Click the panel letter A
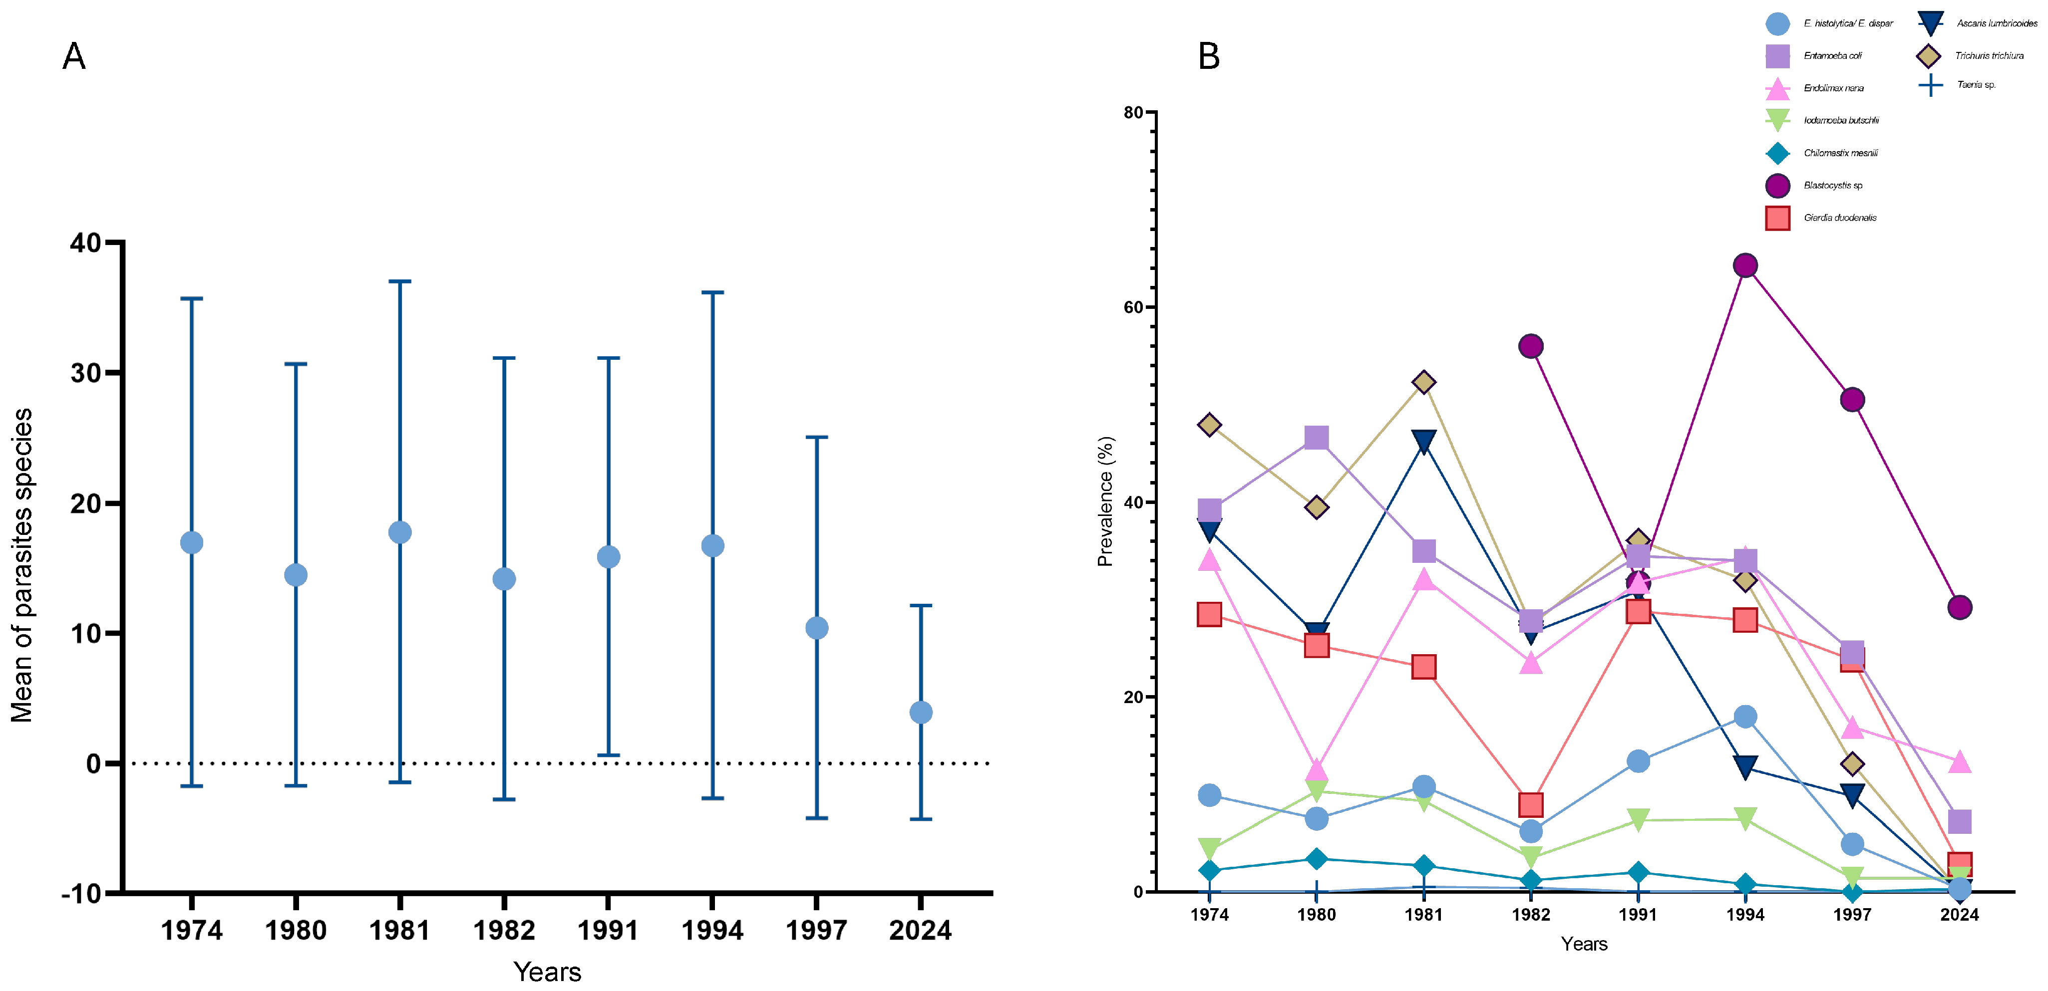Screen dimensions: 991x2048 pyautogui.click(x=74, y=56)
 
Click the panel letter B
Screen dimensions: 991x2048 pyautogui.click(x=1208, y=56)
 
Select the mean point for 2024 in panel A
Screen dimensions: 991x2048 pyautogui.click(x=921, y=712)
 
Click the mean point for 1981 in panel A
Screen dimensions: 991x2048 pyautogui.click(x=400, y=532)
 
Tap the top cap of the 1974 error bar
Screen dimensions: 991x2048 pyautogui.click(x=192, y=299)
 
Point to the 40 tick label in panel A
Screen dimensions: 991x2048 pyautogui.click(x=86, y=243)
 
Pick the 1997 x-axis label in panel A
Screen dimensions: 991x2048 pyautogui.click(x=816, y=930)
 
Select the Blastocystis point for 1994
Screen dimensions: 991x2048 pyautogui.click(x=1745, y=265)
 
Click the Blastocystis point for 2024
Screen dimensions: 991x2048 pyautogui.click(x=1960, y=607)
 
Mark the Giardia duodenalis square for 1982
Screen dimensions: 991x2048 pyautogui.click(x=1530, y=804)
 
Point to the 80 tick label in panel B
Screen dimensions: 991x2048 pyautogui.click(x=1133, y=113)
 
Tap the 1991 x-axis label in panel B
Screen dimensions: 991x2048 pyautogui.click(x=1638, y=915)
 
